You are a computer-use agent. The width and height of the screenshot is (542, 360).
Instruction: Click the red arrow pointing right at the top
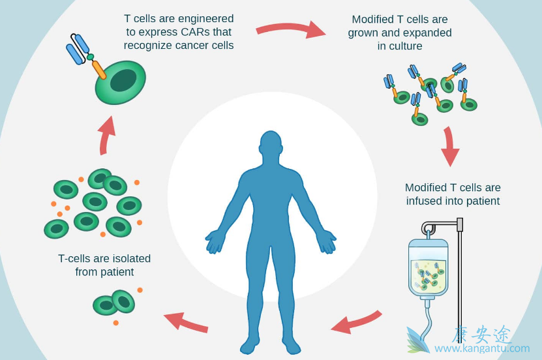tap(290, 29)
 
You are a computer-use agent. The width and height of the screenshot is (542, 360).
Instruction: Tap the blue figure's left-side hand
tap(215, 241)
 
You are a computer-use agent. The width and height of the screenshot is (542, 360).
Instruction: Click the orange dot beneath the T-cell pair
tap(115, 323)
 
